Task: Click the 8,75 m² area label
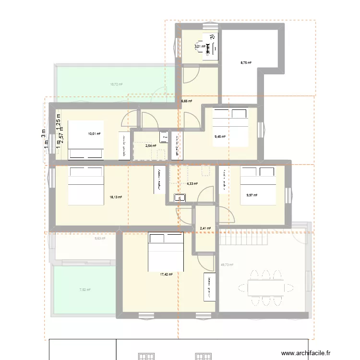click(x=246, y=62)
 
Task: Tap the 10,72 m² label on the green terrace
click(x=116, y=84)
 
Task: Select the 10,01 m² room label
click(x=94, y=134)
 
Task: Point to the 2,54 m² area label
click(x=151, y=145)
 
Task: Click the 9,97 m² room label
click(x=252, y=195)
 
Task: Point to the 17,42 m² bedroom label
click(x=167, y=275)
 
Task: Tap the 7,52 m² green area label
click(x=84, y=289)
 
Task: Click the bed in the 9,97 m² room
click(x=258, y=186)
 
